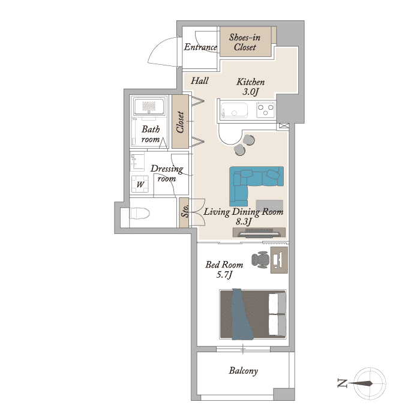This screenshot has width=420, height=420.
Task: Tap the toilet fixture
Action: coord(140,214)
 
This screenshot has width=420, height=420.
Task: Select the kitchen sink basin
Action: coord(234,110)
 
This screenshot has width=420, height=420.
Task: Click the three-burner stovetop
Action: coord(265,110)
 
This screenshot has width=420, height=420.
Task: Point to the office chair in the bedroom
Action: coord(260,260)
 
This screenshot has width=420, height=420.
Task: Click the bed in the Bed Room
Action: coord(253,314)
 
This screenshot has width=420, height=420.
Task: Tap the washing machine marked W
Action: coord(140,184)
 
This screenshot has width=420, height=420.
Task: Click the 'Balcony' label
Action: coord(243,371)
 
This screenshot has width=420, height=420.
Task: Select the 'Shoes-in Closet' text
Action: coord(245,42)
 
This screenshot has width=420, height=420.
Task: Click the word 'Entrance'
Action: coord(200,47)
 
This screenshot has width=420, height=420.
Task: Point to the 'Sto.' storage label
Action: coord(185,211)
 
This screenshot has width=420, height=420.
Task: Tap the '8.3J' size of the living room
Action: coord(244,221)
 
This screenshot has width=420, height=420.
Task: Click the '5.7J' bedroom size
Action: coord(224,274)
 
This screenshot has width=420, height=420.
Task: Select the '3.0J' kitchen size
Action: coord(250,92)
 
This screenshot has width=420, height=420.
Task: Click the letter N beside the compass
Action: coord(343,383)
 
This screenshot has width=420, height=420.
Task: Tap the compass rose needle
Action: coord(360,383)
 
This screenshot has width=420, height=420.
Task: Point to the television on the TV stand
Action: coord(259,234)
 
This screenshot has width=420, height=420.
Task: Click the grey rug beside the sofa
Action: coord(269,205)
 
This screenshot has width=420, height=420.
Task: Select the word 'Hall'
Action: coord(200,80)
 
